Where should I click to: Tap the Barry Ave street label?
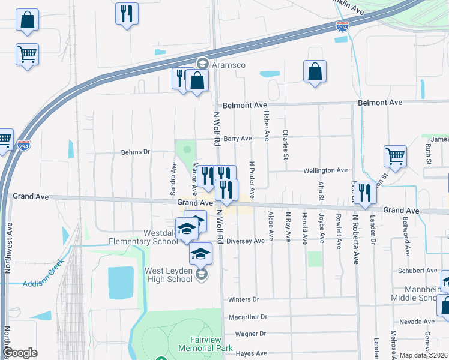[237, 139]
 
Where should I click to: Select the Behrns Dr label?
[135, 152]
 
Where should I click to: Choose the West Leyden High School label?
[169, 275]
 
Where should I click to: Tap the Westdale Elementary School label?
[160, 237]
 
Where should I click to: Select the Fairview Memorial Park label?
[205, 344]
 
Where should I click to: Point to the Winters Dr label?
[243, 299]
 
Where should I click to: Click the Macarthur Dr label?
[247, 316]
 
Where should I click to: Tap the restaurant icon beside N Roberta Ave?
[364, 193]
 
